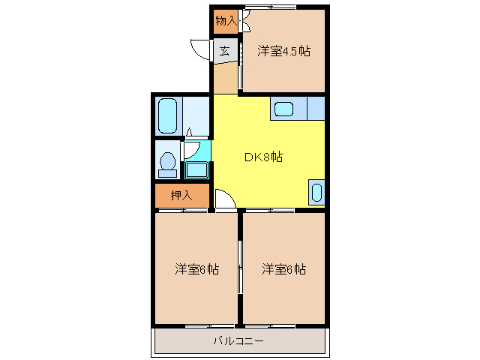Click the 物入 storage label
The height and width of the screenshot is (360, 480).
click(x=225, y=20)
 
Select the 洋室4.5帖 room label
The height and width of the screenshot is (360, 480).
click(x=284, y=51)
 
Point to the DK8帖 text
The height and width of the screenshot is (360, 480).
click(x=263, y=157)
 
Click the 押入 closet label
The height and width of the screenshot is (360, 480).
click(x=181, y=196)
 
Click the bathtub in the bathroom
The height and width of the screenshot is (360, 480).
click(x=167, y=115)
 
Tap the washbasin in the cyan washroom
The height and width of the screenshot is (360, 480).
click(x=197, y=169)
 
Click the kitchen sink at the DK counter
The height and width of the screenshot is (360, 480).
click(x=284, y=109)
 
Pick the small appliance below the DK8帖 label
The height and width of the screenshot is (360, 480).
click(x=316, y=192)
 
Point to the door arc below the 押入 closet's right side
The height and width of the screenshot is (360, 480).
click(x=223, y=199)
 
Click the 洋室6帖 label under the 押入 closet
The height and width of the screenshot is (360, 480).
click(x=197, y=268)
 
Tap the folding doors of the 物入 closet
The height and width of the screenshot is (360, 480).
click(x=244, y=21)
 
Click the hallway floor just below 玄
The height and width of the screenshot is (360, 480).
click(x=225, y=78)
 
